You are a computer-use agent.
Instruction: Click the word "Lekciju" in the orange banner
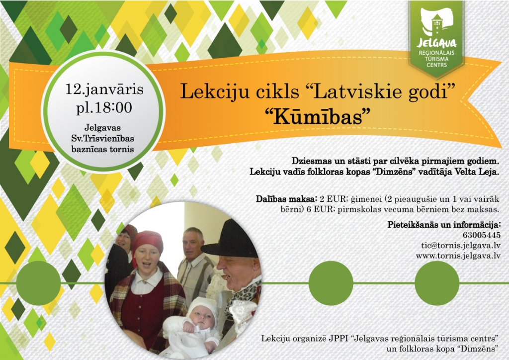tap(205, 91)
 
